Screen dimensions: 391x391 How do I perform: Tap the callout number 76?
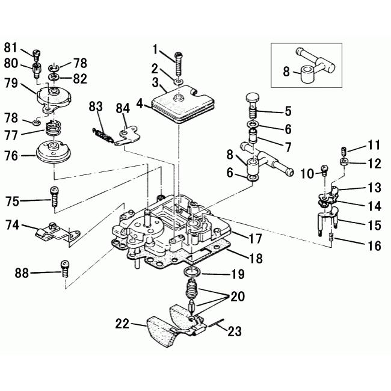pos(11,156)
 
